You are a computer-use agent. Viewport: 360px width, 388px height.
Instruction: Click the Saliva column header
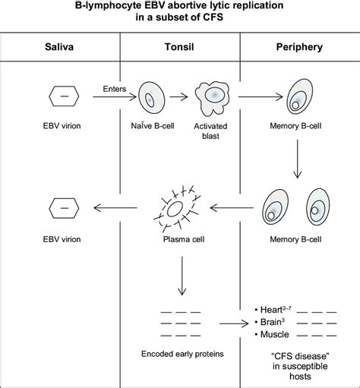(61, 46)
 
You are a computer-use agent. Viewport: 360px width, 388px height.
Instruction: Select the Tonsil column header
(181, 46)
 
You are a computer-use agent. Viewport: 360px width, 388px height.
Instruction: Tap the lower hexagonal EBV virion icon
(61, 206)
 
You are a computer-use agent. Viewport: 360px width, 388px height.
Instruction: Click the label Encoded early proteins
(181, 354)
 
